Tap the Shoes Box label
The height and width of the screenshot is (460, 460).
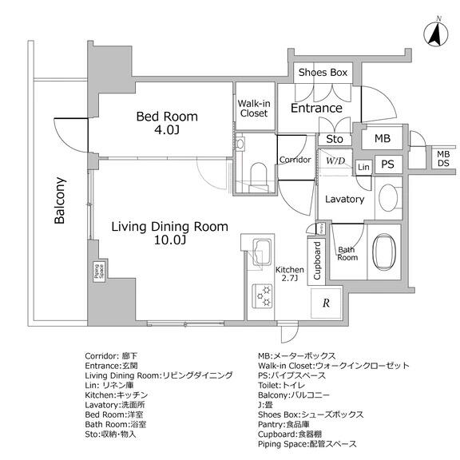point(323,72)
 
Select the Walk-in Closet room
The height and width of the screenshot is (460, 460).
point(256,106)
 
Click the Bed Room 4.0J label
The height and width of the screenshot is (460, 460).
point(167,123)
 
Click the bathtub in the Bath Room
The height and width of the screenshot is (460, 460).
point(383,251)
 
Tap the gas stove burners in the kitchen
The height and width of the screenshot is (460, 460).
point(262,296)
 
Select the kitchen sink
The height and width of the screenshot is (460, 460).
point(262,252)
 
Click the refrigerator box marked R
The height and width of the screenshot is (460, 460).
point(327,303)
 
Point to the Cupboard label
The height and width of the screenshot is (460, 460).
point(317,260)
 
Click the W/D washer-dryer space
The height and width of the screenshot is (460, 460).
point(335,162)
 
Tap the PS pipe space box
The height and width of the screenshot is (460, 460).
point(388,165)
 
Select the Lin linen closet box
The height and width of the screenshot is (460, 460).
point(364,167)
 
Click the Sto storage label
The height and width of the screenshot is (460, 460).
point(335,139)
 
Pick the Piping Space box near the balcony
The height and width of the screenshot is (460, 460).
point(98,272)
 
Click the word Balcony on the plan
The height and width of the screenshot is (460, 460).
point(60,200)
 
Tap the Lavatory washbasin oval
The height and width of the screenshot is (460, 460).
point(388,197)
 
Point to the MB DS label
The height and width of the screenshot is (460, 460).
point(443,158)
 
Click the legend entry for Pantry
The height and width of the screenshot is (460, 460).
point(284,425)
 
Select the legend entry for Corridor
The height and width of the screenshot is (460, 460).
point(111,356)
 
